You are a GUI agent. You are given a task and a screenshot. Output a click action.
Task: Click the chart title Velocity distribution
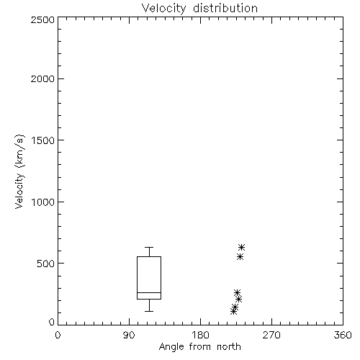(x=199, y=9)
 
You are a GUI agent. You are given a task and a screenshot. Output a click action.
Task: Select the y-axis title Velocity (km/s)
(x=19, y=172)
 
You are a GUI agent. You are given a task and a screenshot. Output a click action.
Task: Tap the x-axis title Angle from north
(x=199, y=347)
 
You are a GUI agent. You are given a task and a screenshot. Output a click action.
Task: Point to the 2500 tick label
(x=42, y=19)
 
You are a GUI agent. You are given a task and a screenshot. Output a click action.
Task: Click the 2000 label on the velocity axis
(x=42, y=78)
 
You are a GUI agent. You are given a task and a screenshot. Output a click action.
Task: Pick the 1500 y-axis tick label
(x=43, y=140)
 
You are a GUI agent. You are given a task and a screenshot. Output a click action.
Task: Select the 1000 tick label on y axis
(x=43, y=202)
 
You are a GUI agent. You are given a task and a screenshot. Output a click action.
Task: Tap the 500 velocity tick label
(x=46, y=264)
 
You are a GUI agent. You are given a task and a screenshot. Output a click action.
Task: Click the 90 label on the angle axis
(x=129, y=335)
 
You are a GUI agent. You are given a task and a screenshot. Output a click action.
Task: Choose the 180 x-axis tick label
(x=200, y=335)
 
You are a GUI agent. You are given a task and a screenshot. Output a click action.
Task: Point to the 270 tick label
(x=271, y=335)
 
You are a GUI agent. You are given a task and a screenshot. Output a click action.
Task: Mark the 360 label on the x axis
(x=343, y=335)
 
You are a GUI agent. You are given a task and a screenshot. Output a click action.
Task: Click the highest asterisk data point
(x=241, y=247)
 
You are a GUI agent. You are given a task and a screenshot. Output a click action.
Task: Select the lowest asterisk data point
(x=233, y=312)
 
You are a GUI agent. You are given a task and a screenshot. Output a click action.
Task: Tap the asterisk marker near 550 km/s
(x=240, y=257)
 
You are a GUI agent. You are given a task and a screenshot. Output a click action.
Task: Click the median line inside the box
(x=149, y=292)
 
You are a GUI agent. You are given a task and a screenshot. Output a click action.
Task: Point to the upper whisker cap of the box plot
(x=149, y=247)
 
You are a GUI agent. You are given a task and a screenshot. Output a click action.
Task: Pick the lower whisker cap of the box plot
(x=149, y=311)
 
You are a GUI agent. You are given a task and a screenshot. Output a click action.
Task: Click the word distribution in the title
(x=225, y=8)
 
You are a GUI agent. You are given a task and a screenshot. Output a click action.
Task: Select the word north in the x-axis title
(x=229, y=346)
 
